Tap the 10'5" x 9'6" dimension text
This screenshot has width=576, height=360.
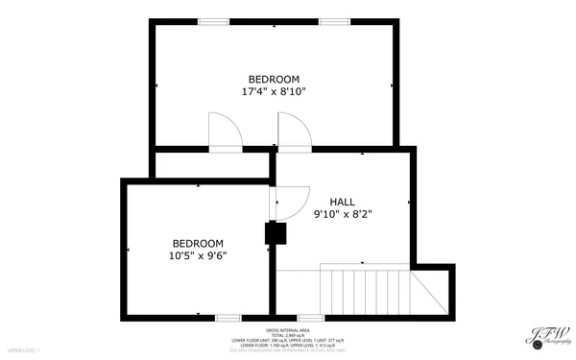(198, 255)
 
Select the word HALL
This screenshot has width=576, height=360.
(343, 202)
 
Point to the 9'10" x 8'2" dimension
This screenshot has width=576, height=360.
(343, 214)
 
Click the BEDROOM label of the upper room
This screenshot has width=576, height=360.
(274, 79)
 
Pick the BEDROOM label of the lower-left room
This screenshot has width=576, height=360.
(198, 243)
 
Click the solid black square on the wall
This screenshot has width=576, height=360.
(275, 233)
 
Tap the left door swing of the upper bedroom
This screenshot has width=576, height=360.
(224, 131)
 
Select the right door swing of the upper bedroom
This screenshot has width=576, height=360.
(292, 131)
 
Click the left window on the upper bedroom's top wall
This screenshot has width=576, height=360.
(213, 21)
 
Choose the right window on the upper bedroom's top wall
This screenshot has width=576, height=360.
(334, 21)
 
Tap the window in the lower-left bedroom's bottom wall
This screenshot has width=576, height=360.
(228, 318)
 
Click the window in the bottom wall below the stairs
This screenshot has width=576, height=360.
(310, 318)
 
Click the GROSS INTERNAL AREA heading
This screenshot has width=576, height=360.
(287, 328)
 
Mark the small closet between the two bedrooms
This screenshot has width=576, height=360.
(211, 165)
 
